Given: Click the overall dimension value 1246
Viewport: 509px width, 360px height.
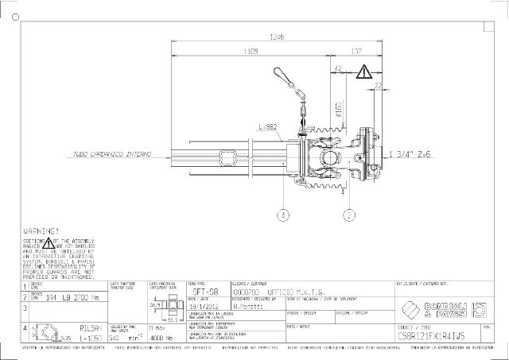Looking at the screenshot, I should tap(277, 37).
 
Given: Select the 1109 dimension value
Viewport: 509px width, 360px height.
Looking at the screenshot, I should tap(250, 52).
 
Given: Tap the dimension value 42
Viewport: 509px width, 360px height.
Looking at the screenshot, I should tap(339, 69).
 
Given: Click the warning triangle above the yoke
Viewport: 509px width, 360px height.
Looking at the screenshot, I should tap(363, 72).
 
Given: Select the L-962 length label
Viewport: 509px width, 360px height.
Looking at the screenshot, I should tap(266, 127).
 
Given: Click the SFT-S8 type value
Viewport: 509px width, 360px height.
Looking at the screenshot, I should tap(202, 292).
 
